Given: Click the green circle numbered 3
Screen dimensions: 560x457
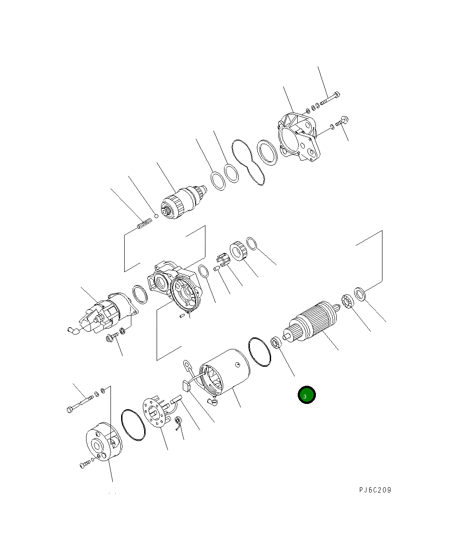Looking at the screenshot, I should point(306,395).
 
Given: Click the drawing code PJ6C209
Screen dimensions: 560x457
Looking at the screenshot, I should point(375,490).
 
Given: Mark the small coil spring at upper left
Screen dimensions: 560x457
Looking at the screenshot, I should point(144,224).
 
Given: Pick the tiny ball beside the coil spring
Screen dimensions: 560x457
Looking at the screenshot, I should point(156,216).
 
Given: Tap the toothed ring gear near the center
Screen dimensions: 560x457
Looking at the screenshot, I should point(238,251).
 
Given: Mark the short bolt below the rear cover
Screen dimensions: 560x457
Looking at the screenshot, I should point(86,464).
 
